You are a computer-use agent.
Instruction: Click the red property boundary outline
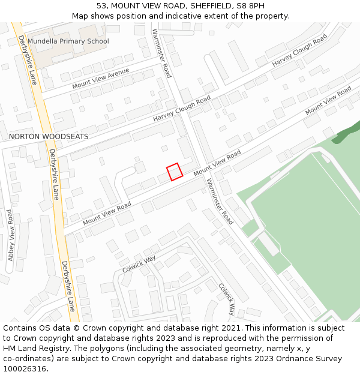click(x=175, y=172)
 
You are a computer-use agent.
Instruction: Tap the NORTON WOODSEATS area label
click(x=49, y=137)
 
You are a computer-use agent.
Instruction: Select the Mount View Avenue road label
click(x=101, y=78)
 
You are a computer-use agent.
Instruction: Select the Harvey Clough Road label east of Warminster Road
click(x=299, y=50)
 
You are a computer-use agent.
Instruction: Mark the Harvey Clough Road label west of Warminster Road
click(x=182, y=109)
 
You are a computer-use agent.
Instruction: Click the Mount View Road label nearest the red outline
click(x=217, y=163)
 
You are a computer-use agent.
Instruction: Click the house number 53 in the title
click(x=101, y=6)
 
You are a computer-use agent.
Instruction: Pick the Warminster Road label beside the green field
click(x=219, y=202)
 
